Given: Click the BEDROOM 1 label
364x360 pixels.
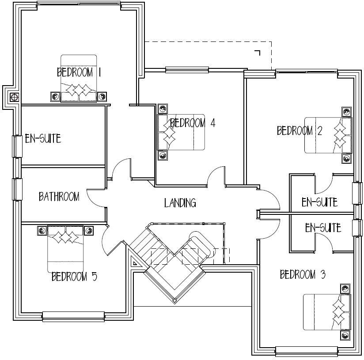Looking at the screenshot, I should tap(79, 72).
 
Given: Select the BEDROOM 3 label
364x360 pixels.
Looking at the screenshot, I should tap(303, 275).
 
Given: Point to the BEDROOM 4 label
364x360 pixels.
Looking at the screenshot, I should tap(193, 123).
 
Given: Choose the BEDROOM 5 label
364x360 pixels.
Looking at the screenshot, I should tap(74, 277).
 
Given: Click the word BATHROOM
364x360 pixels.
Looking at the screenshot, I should tap(59, 196).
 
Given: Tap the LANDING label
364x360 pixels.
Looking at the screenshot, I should tap(180, 203).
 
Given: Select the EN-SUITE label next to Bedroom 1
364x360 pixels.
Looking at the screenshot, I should tap(42, 139).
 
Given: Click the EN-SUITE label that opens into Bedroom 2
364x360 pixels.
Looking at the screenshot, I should tap(319, 202).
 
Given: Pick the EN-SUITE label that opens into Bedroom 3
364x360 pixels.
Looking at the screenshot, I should tap(323, 228).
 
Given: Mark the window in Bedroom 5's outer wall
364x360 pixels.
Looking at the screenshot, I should tap(73, 316).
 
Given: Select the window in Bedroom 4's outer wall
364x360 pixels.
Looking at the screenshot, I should tap(186, 70).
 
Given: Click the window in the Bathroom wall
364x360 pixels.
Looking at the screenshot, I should tap(17, 189).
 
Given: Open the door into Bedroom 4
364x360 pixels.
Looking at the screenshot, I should tap(216, 176).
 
